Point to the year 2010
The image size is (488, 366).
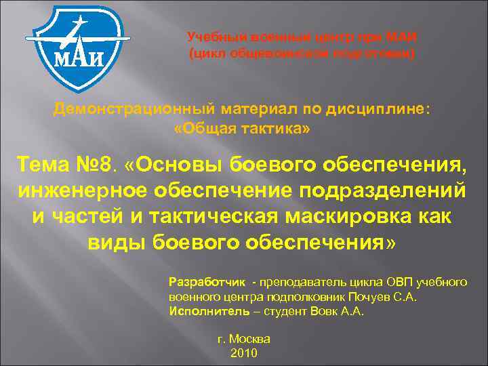[x=244, y=353]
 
